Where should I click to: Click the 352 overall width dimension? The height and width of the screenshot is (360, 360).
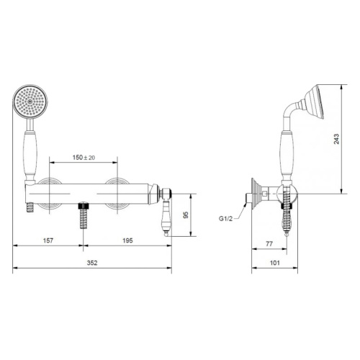coord(92,263)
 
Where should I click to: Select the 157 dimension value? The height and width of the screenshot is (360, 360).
coord(48,240)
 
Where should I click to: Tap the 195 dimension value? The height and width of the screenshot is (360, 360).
coord(127,240)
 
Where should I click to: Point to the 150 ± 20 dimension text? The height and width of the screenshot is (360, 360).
coord(84,158)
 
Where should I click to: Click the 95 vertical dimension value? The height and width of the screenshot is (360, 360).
coord(186,215)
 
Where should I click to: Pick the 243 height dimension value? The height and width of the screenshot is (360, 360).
coord(336,139)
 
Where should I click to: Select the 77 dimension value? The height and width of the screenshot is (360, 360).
coord(269,244)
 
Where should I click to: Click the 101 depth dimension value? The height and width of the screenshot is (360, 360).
coord(275,263)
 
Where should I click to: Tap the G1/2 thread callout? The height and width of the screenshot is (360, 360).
coord(225,219)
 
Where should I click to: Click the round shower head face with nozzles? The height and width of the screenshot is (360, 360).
coord(30,102)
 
